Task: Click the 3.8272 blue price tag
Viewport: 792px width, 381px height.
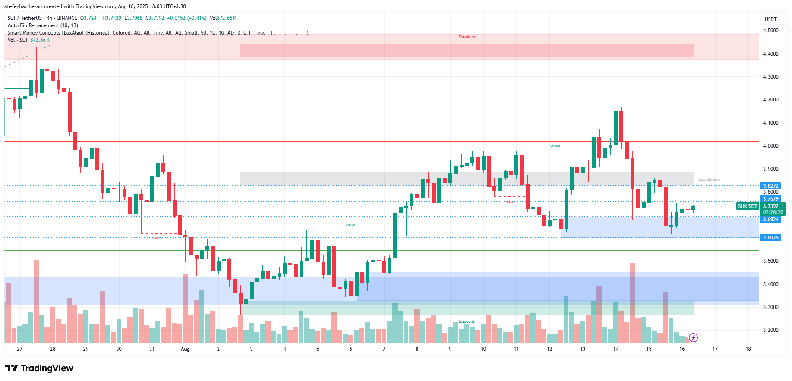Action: click(x=770, y=186)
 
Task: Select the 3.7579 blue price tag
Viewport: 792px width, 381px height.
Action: click(x=770, y=199)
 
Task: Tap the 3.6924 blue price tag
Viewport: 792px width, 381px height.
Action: click(x=770, y=220)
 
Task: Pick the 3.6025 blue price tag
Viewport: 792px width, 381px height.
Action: click(x=770, y=238)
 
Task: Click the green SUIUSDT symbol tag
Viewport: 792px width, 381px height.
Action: click(x=748, y=206)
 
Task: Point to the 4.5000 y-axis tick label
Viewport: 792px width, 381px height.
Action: click(x=770, y=31)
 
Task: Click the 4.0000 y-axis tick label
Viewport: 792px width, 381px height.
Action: click(x=770, y=146)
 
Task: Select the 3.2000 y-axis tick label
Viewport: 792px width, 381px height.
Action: click(x=770, y=330)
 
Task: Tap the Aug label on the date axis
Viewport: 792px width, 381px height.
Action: click(x=185, y=349)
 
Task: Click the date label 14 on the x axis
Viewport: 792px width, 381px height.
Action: click(x=615, y=349)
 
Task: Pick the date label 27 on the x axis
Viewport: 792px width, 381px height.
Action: click(x=19, y=349)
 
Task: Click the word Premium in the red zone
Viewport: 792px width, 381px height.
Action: click(x=467, y=37)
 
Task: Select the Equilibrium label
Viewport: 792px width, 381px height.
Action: click(x=709, y=179)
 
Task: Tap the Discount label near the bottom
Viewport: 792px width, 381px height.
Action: click(x=466, y=321)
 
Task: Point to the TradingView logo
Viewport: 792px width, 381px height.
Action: click(x=39, y=368)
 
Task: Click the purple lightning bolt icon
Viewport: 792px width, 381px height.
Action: click(x=693, y=337)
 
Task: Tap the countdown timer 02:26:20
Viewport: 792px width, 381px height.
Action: click(x=773, y=212)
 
